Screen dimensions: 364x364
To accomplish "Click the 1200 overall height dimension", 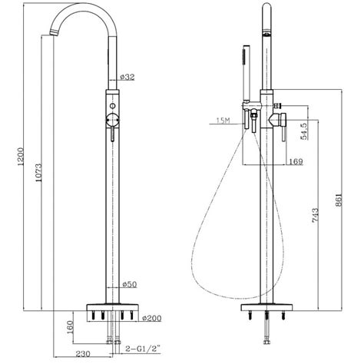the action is [x=21, y=157].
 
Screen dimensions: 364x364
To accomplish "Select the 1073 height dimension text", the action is [x=38, y=173].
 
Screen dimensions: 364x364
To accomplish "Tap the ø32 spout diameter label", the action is [x=127, y=77].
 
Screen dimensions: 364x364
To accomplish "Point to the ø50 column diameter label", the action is [x=130, y=284].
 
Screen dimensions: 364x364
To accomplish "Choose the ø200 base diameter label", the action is [x=152, y=318].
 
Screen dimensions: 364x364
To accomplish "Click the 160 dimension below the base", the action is [x=70, y=327].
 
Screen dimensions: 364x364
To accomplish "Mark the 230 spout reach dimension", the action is [x=83, y=354].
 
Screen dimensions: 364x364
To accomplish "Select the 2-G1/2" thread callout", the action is [x=143, y=349].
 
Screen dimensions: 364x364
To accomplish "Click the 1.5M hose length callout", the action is [x=223, y=121].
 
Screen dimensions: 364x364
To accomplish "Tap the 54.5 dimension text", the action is [x=304, y=131].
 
